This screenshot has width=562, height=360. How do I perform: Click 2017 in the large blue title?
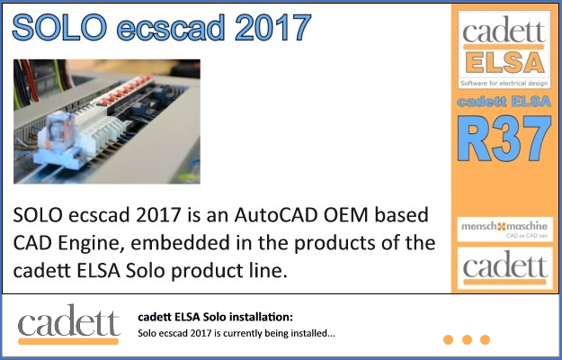point(271,27)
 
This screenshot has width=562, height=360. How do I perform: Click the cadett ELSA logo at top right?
point(503,47)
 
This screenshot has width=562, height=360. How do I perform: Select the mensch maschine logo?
point(503,228)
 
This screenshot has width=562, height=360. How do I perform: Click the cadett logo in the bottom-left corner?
point(68,325)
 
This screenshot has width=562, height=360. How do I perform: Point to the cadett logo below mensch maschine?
point(503,267)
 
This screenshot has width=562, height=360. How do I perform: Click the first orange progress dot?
point(448,339)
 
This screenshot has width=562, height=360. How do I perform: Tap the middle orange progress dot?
point(467,339)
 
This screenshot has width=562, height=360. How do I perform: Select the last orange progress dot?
point(486,339)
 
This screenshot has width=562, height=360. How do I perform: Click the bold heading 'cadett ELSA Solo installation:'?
point(215,318)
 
